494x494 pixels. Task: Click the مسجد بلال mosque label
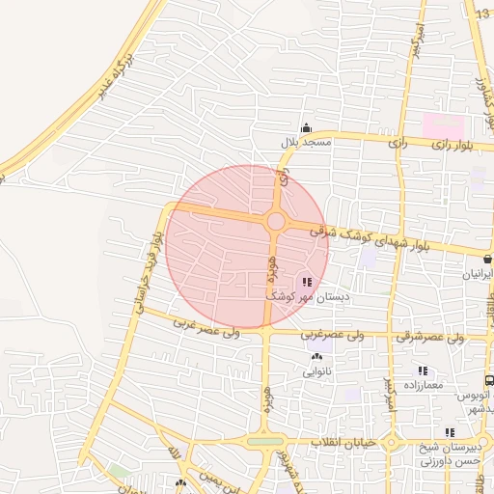pyautogui.click(x=306, y=142)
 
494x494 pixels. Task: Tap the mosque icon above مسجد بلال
pyautogui.click(x=307, y=128)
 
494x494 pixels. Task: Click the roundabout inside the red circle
pyautogui.click(x=276, y=222)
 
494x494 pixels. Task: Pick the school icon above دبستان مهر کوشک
pyautogui.click(x=308, y=282)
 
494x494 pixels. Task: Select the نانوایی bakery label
pyautogui.click(x=317, y=370)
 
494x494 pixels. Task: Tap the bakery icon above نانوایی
pyautogui.click(x=317, y=357)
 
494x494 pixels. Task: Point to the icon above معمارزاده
pyautogui.click(x=422, y=370)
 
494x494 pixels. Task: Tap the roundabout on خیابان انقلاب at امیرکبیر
pyautogui.click(x=391, y=445)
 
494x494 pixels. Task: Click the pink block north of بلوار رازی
pyautogui.click(x=443, y=125)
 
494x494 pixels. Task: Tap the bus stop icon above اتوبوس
pyautogui.click(x=489, y=381)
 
